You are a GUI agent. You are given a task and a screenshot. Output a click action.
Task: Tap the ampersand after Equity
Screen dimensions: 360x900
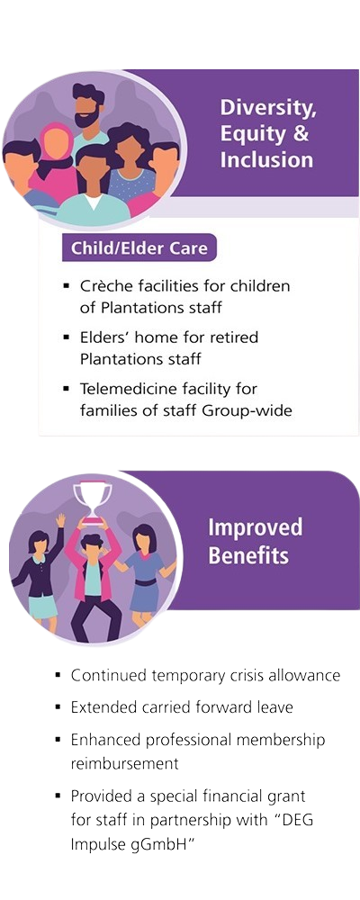point(300,134)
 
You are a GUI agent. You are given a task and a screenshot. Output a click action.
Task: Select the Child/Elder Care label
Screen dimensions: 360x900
point(139,248)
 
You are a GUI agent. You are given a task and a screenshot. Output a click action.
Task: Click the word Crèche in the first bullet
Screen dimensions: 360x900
point(105,286)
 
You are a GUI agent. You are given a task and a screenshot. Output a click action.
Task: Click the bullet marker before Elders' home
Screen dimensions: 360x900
point(67,337)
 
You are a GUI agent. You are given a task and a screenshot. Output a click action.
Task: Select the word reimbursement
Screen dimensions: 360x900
point(124,764)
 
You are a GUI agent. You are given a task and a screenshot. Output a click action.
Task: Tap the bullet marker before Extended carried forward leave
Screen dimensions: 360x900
point(58,706)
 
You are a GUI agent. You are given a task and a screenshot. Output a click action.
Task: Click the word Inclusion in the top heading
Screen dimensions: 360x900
point(266,160)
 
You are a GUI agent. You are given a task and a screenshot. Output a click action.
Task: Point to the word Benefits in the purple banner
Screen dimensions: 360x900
point(248,555)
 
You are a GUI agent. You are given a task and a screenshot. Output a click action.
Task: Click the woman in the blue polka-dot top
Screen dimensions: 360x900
point(132,166)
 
